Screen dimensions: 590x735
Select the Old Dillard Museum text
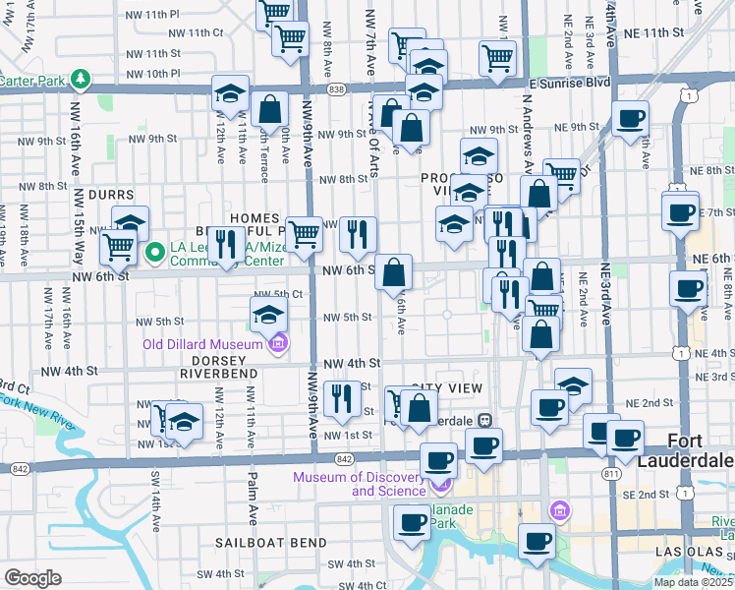[203, 344]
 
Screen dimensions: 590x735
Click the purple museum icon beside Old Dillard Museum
[278, 343]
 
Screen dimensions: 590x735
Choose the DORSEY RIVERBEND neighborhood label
[216, 367]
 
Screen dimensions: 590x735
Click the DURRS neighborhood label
[110, 195]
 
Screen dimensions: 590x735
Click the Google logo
[32, 578]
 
